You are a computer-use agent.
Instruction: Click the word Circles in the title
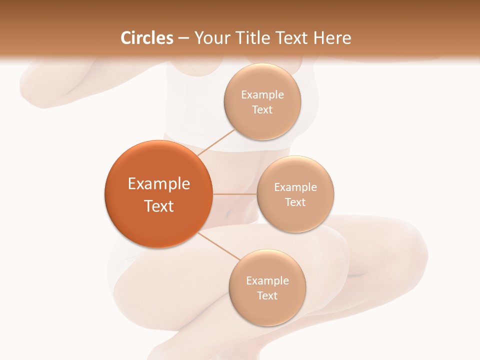(147, 38)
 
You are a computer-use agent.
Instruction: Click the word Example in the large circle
(158, 184)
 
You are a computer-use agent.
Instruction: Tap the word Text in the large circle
(158, 206)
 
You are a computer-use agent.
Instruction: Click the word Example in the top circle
(262, 95)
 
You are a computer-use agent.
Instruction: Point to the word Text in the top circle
(262, 110)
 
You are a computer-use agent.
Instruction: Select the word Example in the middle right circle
(295, 187)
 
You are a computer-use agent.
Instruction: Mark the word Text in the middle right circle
(295, 202)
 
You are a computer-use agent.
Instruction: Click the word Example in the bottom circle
(267, 281)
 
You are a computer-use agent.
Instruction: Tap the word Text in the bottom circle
(267, 296)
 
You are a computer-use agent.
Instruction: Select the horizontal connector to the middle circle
(234, 194)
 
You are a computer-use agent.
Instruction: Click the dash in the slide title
(183, 38)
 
